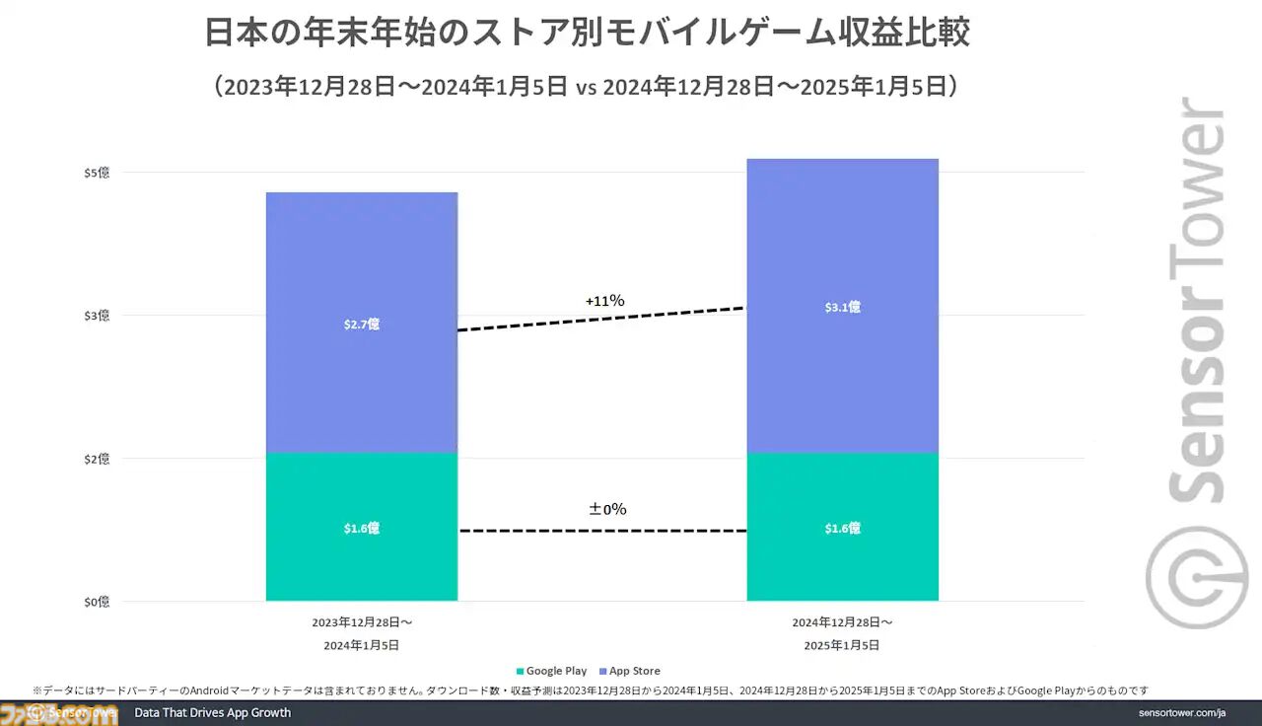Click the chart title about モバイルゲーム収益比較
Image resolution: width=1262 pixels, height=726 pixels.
588,33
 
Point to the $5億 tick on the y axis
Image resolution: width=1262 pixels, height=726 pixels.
96,173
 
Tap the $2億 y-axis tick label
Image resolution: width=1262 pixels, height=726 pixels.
96,459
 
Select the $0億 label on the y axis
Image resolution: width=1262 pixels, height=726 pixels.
96,602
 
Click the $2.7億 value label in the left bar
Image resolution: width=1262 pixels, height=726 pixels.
361,324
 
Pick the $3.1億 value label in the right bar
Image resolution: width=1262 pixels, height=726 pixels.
842,307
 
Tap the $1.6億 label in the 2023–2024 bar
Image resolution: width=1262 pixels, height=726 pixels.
361,529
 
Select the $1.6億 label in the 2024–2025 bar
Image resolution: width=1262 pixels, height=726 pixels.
842,529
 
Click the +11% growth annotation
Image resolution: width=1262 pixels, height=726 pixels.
603,300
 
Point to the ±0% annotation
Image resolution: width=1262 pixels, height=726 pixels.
607,509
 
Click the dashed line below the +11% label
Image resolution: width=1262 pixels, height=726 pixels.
601,320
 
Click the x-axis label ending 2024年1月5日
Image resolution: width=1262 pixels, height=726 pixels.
361,634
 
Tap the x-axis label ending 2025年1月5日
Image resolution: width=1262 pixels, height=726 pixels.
842,634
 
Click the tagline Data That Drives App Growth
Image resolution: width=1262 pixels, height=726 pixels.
212,712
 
